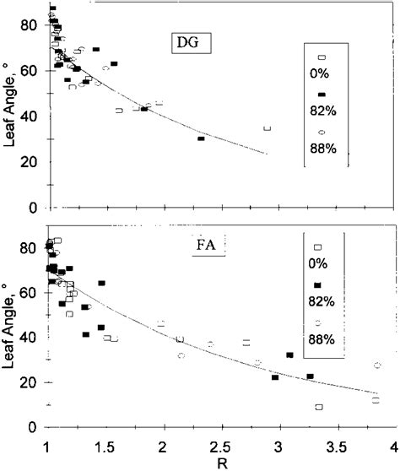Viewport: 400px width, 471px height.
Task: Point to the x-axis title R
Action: pos(219,463)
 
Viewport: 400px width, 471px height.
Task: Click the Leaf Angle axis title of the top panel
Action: pos(10,108)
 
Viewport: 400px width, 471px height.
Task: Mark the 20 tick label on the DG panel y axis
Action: pos(30,162)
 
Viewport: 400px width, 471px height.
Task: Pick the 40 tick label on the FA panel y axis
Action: pos(30,338)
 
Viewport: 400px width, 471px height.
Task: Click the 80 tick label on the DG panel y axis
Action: pos(30,25)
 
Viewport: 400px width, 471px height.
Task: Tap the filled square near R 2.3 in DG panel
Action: pos(201,138)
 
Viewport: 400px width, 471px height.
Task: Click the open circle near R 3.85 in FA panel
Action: pos(377,365)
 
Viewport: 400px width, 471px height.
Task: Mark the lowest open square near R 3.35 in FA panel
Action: pos(318,407)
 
